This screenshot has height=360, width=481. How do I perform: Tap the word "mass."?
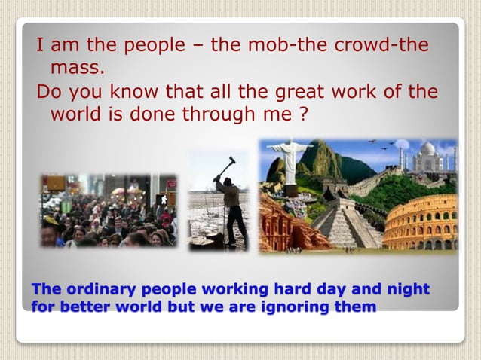78,68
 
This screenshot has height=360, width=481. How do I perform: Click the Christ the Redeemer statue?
290,158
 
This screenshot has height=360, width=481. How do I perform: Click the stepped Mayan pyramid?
347,222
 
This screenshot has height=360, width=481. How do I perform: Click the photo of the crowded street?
109,211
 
